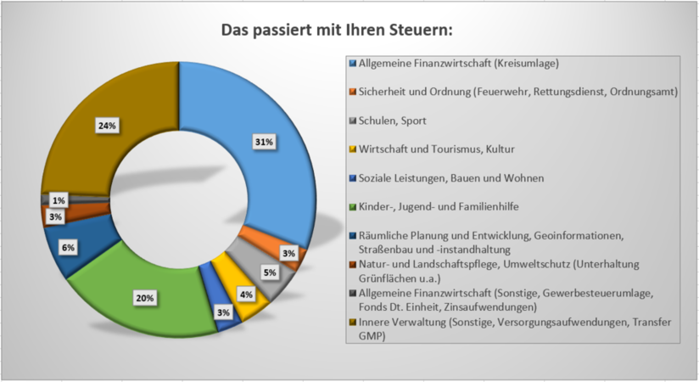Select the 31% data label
[x=263, y=142]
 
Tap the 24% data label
[x=107, y=126]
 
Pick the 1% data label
[x=59, y=200]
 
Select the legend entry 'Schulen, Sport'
[x=394, y=120]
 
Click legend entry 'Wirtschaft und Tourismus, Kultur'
[x=437, y=149]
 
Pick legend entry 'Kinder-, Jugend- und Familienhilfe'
[x=440, y=207]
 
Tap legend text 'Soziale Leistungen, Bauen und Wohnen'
[x=450, y=178]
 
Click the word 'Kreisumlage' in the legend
[x=529, y=63]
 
